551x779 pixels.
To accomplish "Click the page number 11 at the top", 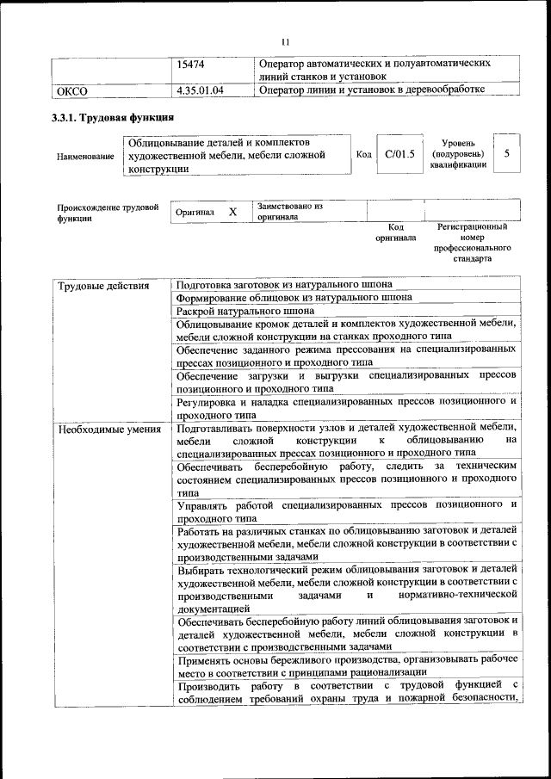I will point(287,40).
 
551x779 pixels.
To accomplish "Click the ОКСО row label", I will point(71,90).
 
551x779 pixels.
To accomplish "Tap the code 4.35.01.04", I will point(201,90).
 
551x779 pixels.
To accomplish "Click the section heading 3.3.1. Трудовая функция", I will point(114,117).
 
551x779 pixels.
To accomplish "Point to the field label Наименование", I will point(85,157).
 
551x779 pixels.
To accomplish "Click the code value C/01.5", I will point(399,154).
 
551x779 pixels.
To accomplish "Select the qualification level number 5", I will point(507,153).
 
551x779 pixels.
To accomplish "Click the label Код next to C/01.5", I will point(363,154).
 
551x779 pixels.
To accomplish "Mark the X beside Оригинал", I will point(232,211).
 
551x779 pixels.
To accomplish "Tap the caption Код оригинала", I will point(395,232).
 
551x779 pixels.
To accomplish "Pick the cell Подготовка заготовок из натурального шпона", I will point(284,285).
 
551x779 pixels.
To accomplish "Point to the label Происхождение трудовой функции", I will point(108,213).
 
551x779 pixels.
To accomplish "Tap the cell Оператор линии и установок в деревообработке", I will point(372,90).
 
